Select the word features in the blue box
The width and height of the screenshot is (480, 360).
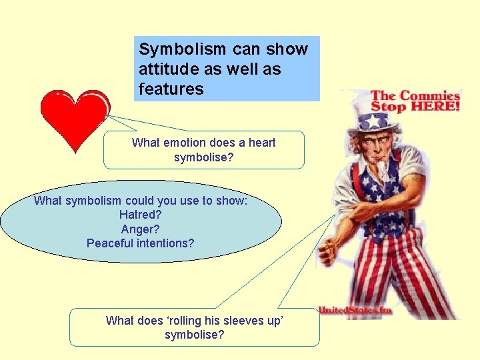tap(171, 89)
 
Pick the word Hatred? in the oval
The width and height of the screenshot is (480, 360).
tap(141, 215)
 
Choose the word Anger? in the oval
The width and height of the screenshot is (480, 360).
tap(141, 229)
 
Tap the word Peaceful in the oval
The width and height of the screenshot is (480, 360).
tap(111, 243)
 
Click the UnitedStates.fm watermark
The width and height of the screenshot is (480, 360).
tap(355, 310)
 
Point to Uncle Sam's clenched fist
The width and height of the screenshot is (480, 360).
tap(327, 254)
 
